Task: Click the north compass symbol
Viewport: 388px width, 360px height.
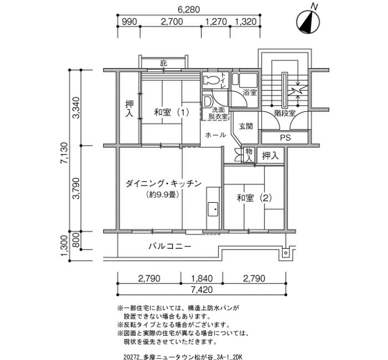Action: coord(308,22)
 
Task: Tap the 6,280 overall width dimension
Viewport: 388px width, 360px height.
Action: coord(188,9)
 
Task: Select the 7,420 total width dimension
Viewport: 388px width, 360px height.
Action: coord(202,290)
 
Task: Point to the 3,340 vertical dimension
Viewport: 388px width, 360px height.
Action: coord(76,108)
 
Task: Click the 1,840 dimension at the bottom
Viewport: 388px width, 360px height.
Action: coord(202,279)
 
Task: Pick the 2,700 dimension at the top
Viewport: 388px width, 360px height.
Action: coord(172,22)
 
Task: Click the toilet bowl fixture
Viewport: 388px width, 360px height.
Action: coord(211,80)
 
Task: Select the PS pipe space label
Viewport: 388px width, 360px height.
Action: coord(285,138)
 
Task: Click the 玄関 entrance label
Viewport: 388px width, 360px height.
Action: coord(246,126)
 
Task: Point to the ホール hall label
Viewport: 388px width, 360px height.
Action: coord(216,135)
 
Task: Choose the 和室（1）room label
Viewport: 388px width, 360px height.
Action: coord(171,112)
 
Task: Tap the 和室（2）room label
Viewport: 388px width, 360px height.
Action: coord(254,198)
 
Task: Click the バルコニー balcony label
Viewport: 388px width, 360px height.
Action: coord(170,246)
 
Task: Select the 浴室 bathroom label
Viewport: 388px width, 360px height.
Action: coord(249,93)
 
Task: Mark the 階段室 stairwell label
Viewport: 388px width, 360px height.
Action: coord(285,113)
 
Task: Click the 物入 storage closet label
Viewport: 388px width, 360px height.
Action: coord(249,155)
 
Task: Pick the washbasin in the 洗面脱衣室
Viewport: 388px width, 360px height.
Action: coord(207,101)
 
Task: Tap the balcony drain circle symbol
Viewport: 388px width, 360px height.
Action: coord(285,253)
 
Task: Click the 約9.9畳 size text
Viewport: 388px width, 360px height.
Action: coord(162,194)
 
